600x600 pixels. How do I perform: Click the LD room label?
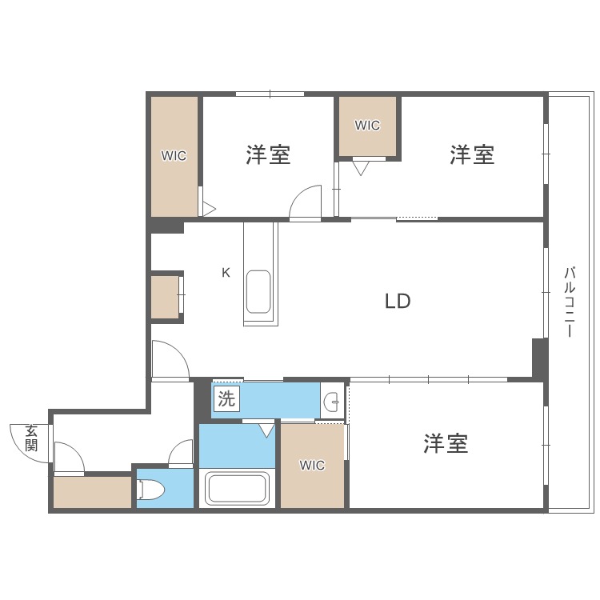point(398,302)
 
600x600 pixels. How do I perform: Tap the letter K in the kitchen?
point(226,273)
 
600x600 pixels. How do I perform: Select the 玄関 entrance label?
point(31,438)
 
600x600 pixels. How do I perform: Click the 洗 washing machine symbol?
point(227,399)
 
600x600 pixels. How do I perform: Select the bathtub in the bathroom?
point(237,488)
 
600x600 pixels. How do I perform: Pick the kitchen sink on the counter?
point(258,292)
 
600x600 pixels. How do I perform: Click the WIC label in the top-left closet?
point(174,156)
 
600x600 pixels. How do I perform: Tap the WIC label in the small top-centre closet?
point(367,126)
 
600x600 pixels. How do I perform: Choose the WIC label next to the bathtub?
point(312,466)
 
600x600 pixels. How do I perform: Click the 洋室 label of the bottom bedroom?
point(446,443)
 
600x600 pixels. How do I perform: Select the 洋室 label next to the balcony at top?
point(471,154)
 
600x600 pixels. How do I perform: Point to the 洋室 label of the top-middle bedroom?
point(268,154)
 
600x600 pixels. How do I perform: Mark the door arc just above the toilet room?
point(181,454)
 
